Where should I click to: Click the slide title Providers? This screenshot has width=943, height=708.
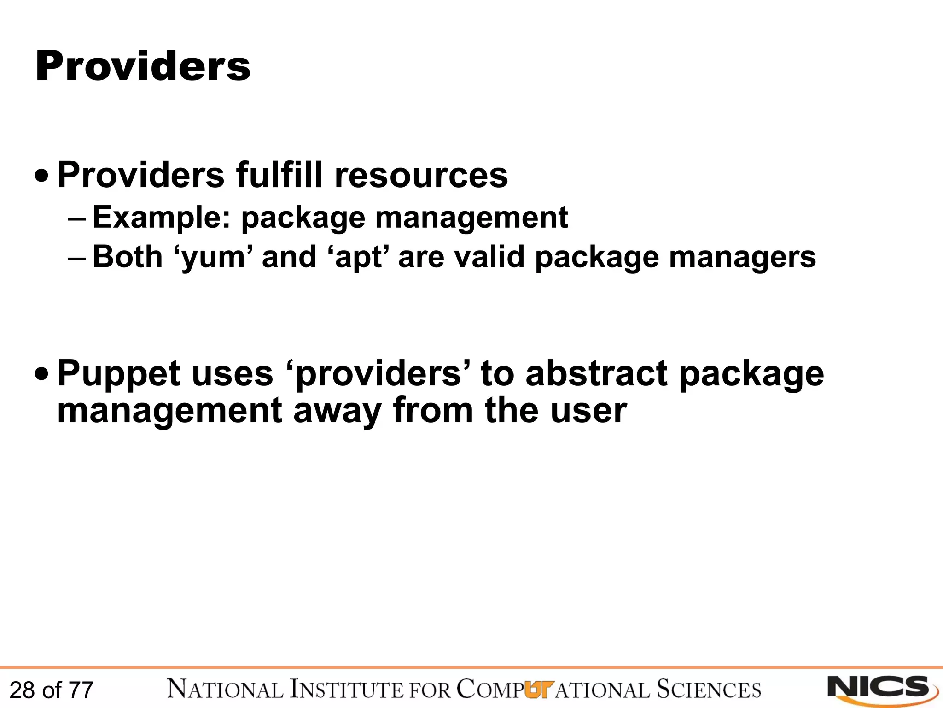point(143,66)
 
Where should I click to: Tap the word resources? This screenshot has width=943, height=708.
point(421,175)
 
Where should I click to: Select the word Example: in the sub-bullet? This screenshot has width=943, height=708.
point(161,218)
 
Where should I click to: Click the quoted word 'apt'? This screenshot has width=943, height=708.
point(359,257)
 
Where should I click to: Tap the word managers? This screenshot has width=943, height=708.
point(742,257)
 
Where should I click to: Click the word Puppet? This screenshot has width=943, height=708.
point(119,374)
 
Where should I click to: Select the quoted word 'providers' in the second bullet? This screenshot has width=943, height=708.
point(378,374)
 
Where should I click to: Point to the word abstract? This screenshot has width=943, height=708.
point(596,373)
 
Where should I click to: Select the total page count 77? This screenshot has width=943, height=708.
point(81,690)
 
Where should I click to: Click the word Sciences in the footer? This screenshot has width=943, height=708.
point(709,690)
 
